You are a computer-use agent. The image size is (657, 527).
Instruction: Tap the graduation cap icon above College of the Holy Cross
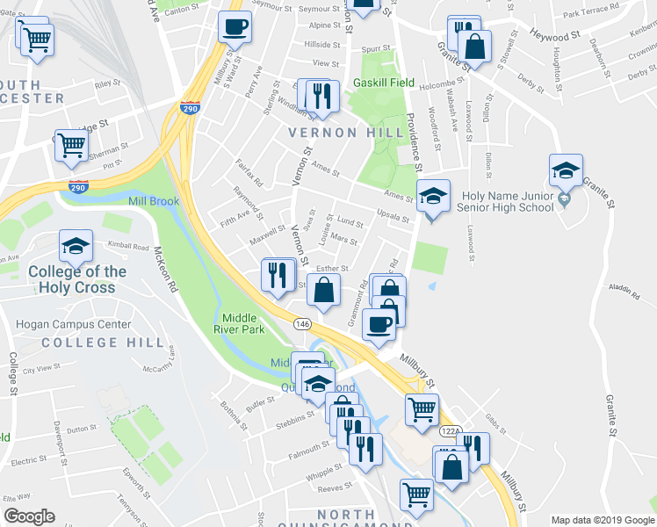[x=76, y=247]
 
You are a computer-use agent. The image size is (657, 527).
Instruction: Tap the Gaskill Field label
[x=384, y=83]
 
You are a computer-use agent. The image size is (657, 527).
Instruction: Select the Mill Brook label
[x=153, y=202]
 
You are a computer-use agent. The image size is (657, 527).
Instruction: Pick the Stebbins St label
[x=294, y=417]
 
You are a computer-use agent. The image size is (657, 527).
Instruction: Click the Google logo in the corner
[x=29, y=516]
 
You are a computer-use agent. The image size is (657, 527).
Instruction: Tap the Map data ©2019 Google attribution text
[x=602, y=520]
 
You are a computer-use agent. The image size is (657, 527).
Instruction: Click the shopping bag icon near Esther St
[x=324, y=290]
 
